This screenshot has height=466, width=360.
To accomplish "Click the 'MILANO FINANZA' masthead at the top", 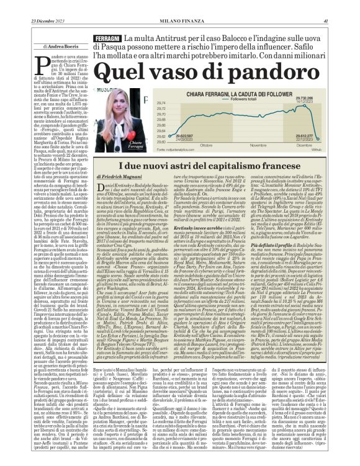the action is pos(180,5).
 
